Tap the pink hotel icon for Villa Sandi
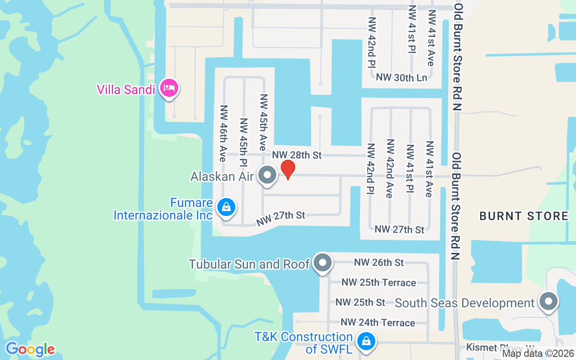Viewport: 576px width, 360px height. tap(169, 87)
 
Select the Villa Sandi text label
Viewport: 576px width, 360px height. tap(126, 89)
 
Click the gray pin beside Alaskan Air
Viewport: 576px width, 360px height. tap(268, 175)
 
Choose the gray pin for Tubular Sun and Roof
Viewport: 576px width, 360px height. tap(322, 262)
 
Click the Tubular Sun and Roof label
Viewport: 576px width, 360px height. tap(249, 264)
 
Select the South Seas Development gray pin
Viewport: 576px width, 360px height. tap(548, 301)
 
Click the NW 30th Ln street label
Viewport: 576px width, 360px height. tap(401, 77)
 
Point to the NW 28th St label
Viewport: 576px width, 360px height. tap(297, 155)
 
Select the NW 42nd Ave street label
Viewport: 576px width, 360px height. tap(390, 168)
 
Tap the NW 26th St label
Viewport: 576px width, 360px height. tap(379, 262)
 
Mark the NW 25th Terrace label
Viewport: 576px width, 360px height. tap(378, 283)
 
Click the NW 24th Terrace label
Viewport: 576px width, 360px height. tap(378, 323)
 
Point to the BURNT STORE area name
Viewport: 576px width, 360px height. tap(523, 216)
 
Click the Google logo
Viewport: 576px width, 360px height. tap(30, 349)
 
